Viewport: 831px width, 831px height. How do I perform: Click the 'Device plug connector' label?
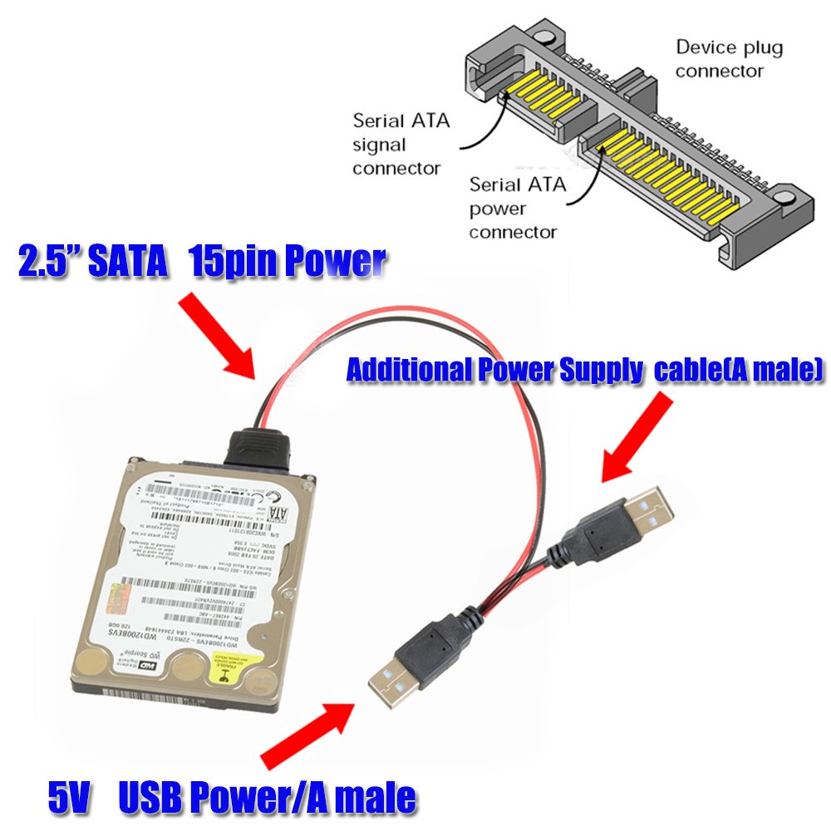729,59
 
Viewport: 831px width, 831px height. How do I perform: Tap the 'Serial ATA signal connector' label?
401,144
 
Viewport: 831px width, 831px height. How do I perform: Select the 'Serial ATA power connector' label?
517,207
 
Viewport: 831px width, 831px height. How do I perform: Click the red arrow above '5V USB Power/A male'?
307,735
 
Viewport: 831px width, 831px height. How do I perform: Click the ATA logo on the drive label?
280,504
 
